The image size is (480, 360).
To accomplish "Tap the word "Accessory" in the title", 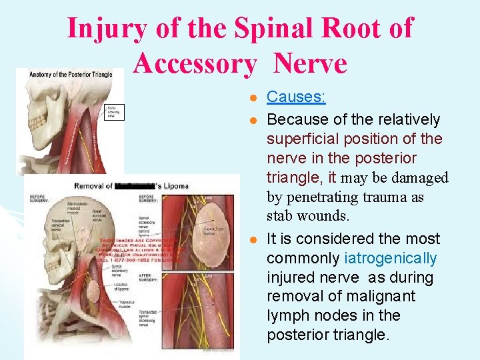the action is coord(194,64).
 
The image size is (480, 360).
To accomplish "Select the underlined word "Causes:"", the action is coord(296,97).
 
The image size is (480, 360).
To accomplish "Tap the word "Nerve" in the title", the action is coord(310,64).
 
